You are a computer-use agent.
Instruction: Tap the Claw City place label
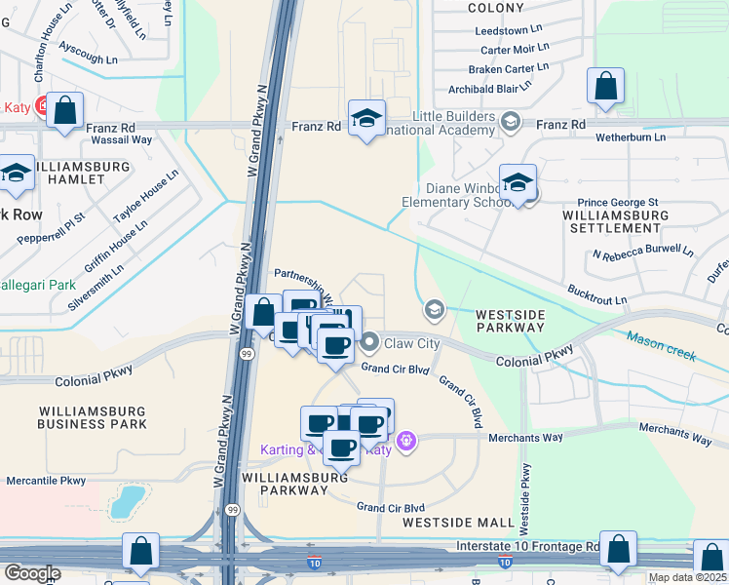[412, 343]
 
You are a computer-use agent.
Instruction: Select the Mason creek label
[662, 345]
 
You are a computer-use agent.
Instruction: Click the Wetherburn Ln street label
[632, 137]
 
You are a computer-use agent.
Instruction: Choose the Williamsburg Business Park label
[93, 417]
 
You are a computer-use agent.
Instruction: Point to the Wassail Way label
[121, 139]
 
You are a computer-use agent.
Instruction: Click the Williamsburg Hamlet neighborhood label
[83, 174]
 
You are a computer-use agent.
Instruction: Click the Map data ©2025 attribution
[687, 577]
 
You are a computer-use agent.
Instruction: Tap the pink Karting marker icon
[407, 442]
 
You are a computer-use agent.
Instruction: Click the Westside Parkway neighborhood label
[510, 321]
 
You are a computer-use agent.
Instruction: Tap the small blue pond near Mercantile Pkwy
[126, 502]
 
